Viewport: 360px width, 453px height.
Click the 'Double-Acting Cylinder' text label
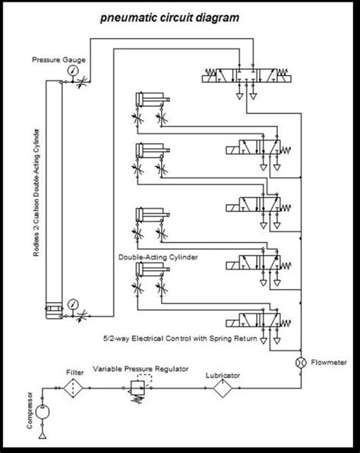[158, 258]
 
